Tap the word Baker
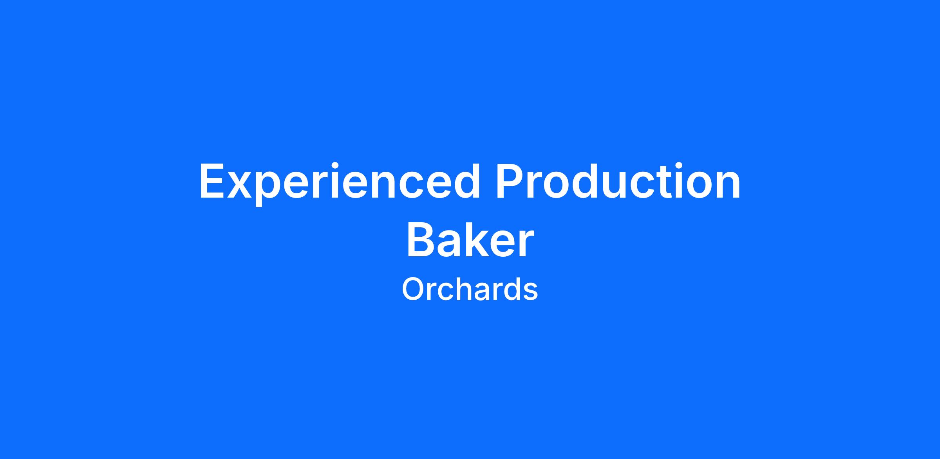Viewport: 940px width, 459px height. pos(470,239)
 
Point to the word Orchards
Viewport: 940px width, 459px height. pos(470,290)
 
